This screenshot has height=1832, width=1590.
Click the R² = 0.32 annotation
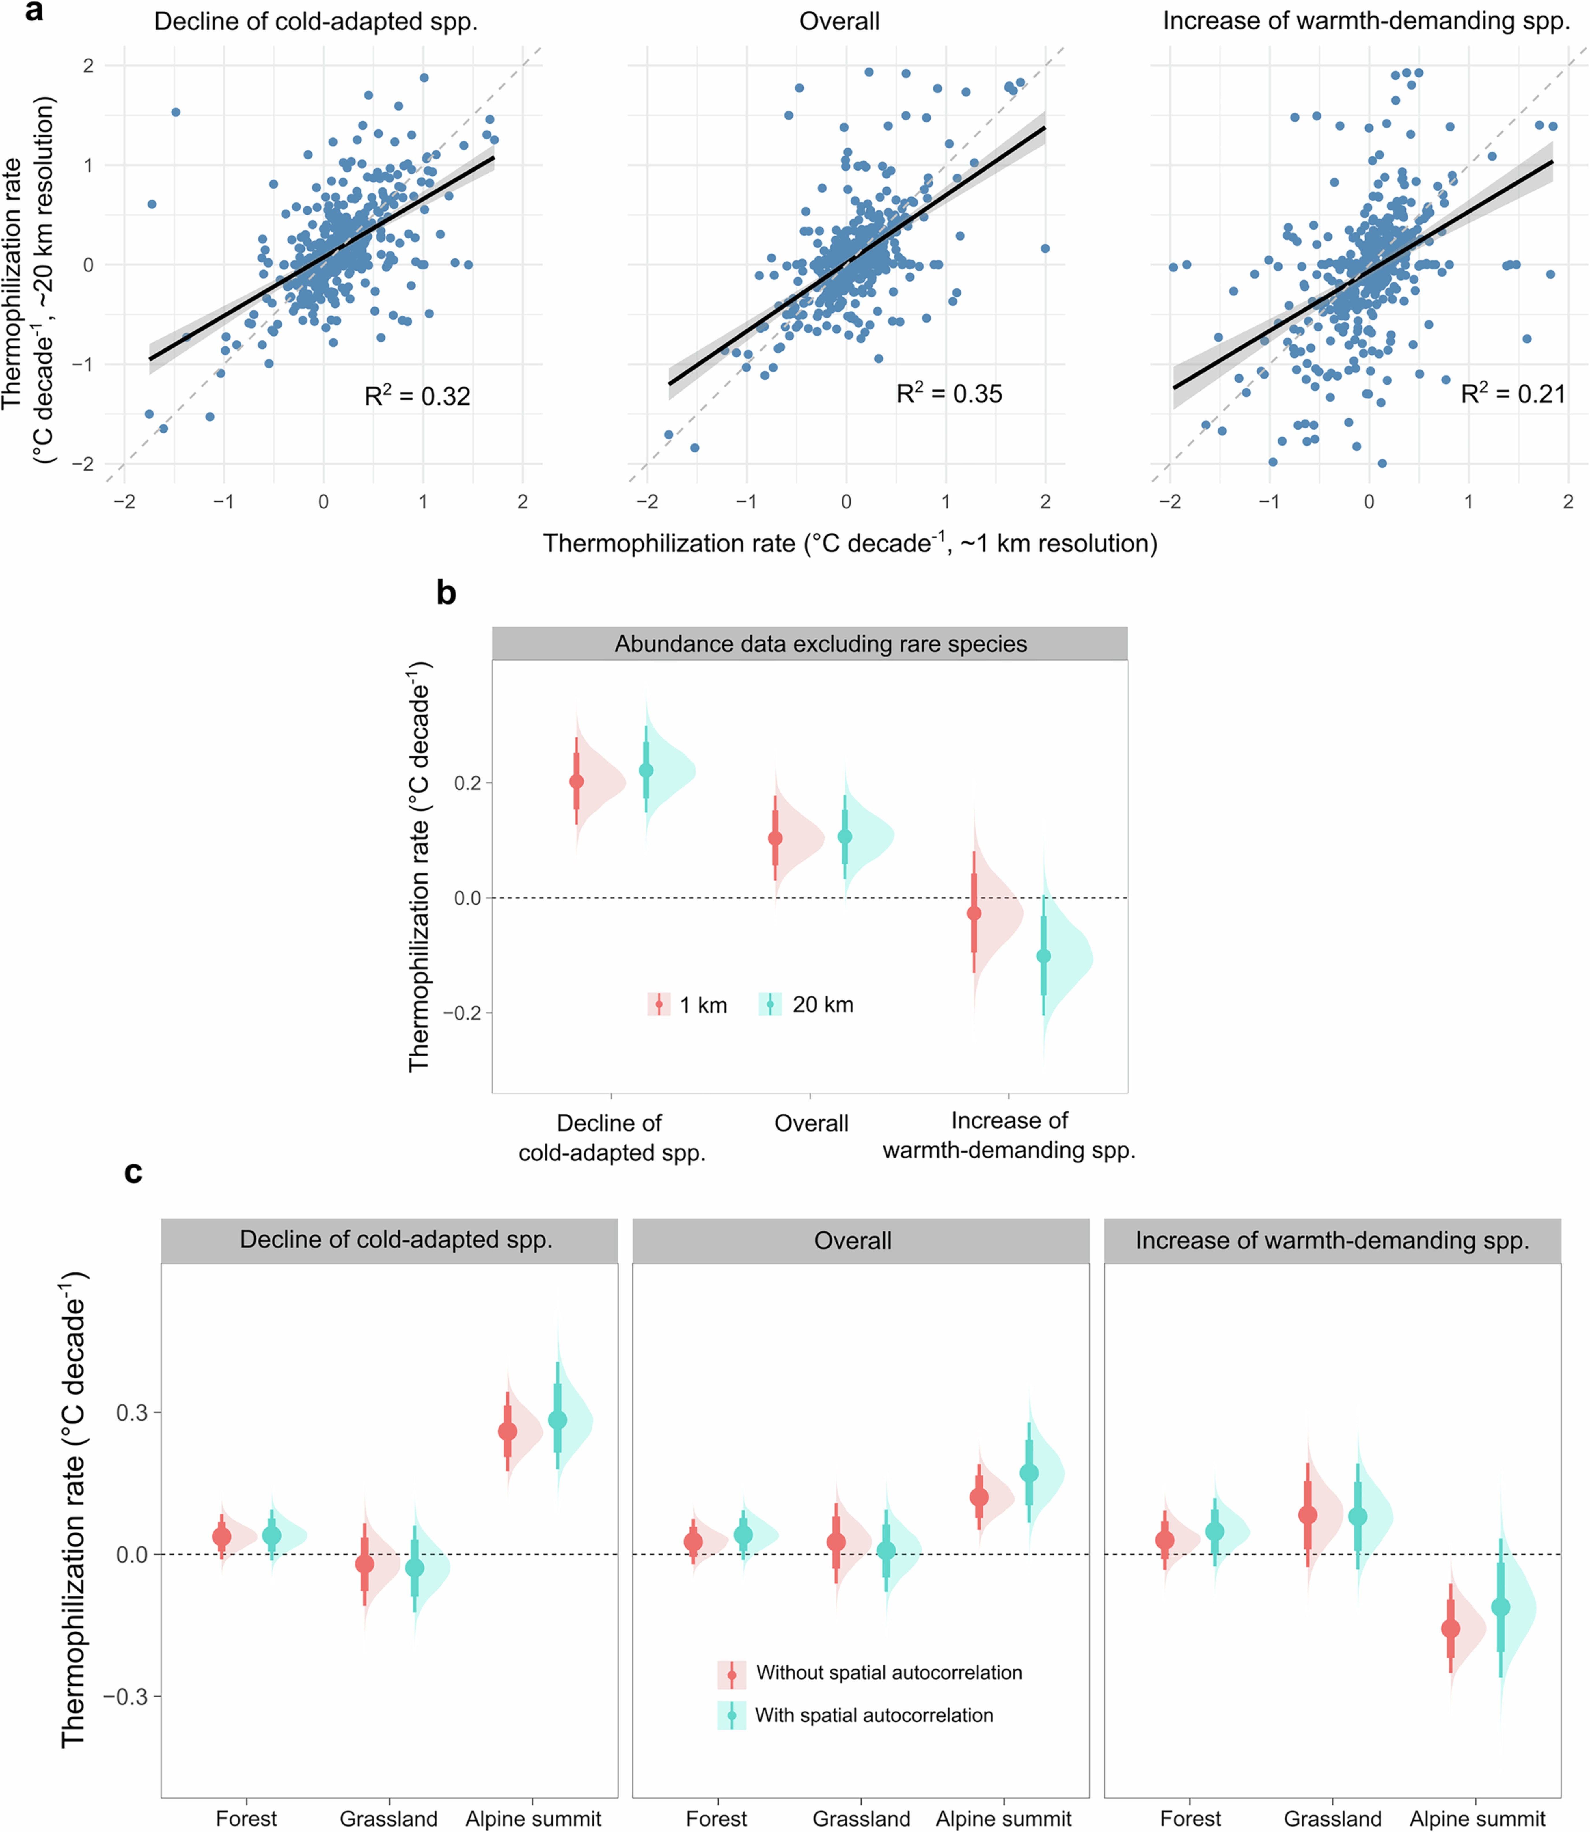coord(417,396)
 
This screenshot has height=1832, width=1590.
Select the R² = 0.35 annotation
coord(948,393)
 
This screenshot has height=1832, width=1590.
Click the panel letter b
coord(446,593)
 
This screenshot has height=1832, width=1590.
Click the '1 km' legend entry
coord(703,1005)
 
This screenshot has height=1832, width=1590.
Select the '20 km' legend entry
coord(823,1005)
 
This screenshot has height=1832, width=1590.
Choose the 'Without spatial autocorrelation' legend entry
coord(888,1672)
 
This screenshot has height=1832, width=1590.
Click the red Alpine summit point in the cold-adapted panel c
coord(508,1431)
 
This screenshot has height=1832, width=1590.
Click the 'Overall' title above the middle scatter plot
coord(839,21)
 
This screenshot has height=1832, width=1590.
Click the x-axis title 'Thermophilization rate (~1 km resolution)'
coord(850,543)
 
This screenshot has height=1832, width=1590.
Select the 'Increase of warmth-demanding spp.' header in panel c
coord(1332,1240)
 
